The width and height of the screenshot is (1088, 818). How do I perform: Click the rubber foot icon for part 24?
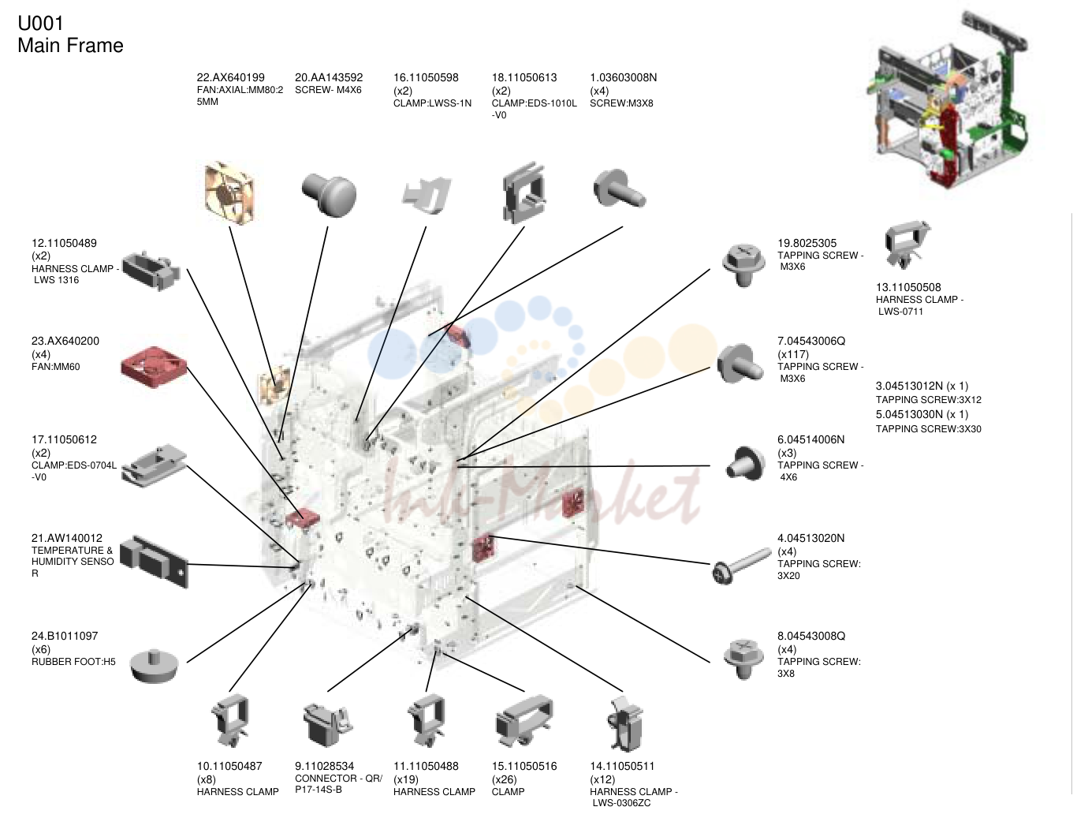155,667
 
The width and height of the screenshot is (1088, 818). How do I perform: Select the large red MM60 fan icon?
154,367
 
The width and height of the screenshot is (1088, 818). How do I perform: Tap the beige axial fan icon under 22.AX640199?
230,192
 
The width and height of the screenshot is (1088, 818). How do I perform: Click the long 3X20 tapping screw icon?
742,566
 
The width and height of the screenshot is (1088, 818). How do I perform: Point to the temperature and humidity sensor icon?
155,562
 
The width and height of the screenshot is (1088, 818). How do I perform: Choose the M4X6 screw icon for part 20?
329,194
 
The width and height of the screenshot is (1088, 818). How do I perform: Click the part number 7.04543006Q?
811,341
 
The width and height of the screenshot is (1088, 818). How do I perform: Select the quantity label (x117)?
793,354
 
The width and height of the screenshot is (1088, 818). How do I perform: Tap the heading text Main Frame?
70,46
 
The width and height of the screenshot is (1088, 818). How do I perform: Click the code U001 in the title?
41,24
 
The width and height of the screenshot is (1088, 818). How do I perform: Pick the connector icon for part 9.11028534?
328,725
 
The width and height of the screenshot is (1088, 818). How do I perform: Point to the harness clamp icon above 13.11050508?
907,245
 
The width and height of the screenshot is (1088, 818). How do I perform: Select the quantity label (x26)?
504,779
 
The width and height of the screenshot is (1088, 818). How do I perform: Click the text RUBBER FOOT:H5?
73,662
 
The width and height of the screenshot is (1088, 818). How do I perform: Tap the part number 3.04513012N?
909,386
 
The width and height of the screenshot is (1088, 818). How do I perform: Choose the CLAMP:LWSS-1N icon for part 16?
427,195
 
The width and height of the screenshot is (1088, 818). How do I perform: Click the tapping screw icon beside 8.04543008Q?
742,659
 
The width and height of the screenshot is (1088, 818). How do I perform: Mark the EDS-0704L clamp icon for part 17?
155,465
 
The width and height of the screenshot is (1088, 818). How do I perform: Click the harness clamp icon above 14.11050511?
624,724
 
